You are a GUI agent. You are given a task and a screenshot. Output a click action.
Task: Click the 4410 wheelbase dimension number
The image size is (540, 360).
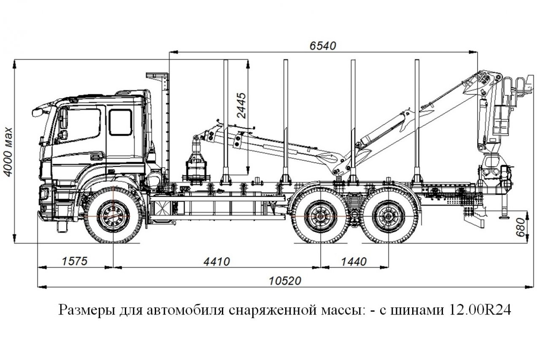pyautogui.click(x=216, y=262)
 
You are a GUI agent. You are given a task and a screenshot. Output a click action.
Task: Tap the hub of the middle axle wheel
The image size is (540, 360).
pyautogui.click(x=319, y=217)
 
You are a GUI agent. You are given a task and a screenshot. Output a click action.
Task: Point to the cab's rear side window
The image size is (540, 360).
pyautogui.click(x=120, y=122)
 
